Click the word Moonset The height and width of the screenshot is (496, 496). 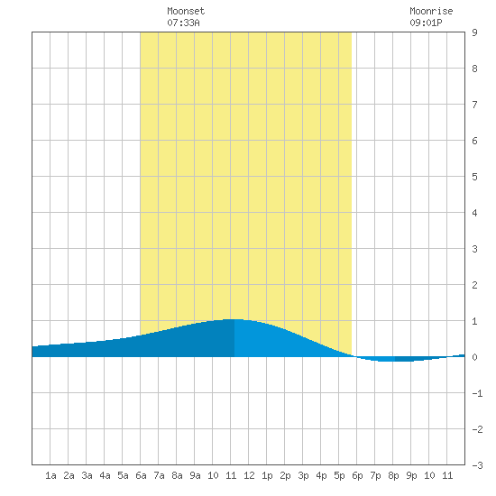pos(186,11)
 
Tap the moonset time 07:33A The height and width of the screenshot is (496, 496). pos(183,23)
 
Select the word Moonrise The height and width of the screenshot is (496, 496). pos(431,11)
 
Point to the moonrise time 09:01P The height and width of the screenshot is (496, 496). pos(426,23)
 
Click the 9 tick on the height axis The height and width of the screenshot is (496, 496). pos(474,32)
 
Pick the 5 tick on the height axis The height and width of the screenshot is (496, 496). pos(474,177)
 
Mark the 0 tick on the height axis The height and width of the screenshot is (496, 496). pos(474,357)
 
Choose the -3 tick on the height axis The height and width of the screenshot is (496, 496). pos(477,465)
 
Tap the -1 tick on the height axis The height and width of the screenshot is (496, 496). pos(477,393)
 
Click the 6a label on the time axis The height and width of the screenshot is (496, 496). pos(141,475)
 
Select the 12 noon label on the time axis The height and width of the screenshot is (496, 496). pos(249,475)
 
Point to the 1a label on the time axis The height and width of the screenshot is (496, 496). pos(51,475)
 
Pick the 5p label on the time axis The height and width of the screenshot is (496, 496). pos(339,475)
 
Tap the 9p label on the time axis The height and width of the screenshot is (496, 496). pos(411,475)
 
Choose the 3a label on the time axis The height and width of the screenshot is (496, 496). pos(87,475)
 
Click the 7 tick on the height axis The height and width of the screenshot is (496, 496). pos(474,105)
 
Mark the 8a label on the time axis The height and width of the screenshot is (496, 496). pos(177,475)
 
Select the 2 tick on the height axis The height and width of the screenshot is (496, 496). pos(474,285)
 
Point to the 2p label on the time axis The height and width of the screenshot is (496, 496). pos(285,475)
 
